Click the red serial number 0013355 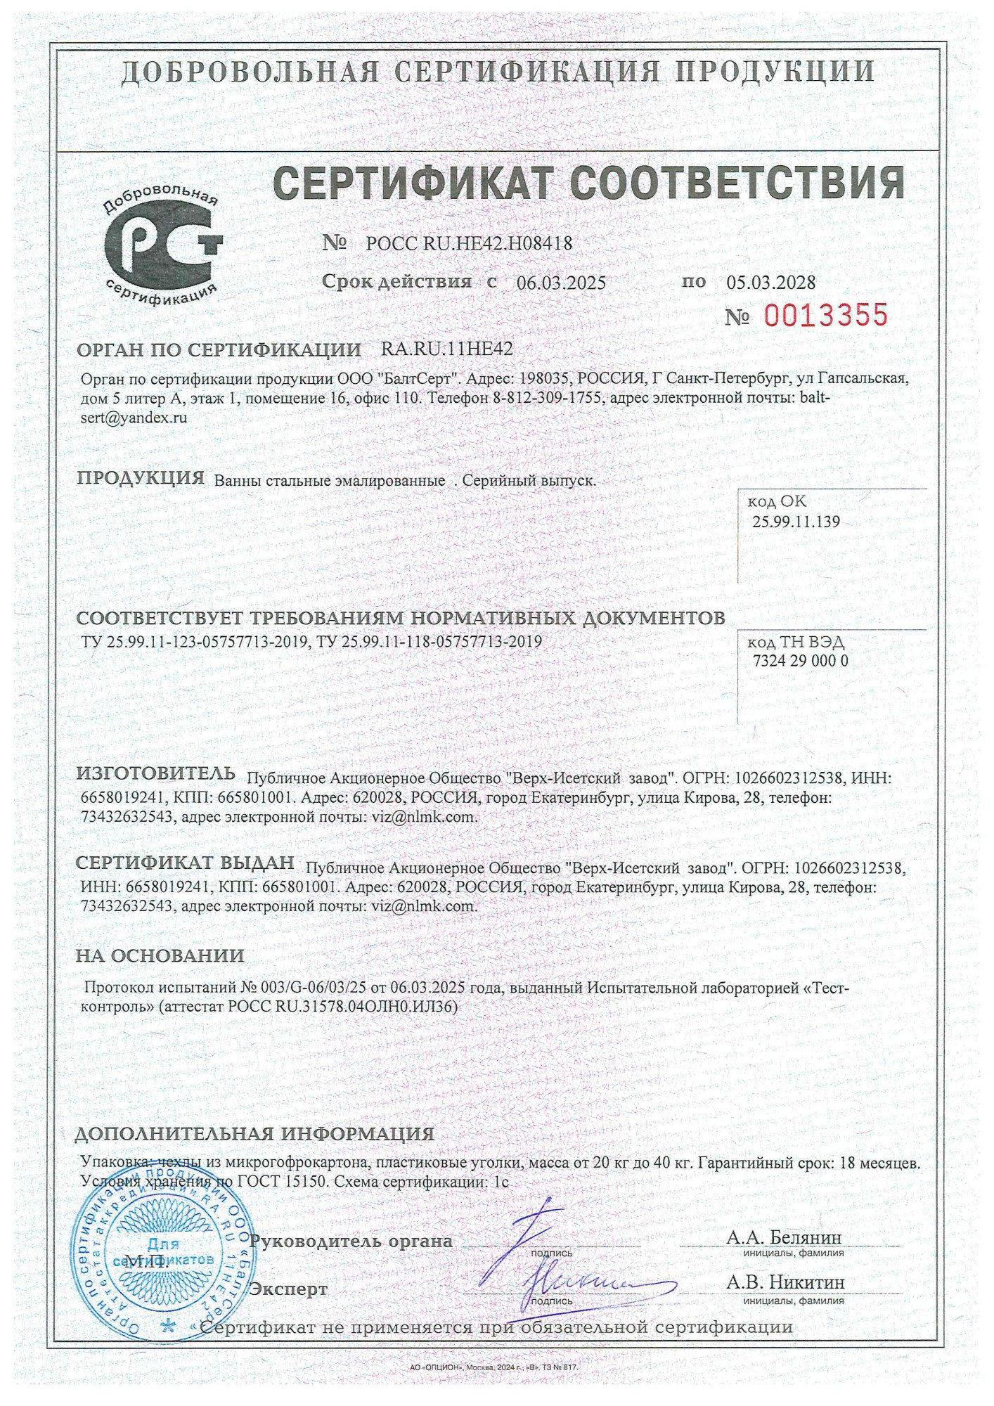click(x=825, y=316)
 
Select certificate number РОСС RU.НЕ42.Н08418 click(x=469, y=243)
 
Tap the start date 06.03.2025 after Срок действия click(x=561, y=283)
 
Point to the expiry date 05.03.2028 click(x=771, y=283)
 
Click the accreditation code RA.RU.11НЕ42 click(x=446, y=349)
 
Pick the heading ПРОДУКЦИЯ click(x=140, y=478)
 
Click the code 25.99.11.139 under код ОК click(x=796, y=522)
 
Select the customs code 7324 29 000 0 click(x=800, y=661)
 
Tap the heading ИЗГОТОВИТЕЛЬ click(x=155, y=773)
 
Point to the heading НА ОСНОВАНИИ click(x=160, y=955)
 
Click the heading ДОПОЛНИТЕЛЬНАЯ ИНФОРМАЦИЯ click(x=254, y=1134)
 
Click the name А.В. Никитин click(x=785, y=1282)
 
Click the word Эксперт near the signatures click(x=289, y=1289)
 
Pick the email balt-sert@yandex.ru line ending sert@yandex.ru click(x=134, y=417)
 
